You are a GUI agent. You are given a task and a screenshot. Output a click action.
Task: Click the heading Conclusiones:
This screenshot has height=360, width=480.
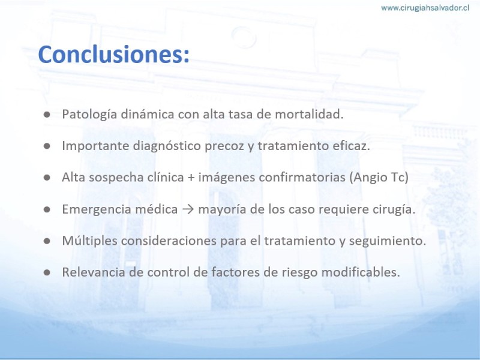click(113, 54)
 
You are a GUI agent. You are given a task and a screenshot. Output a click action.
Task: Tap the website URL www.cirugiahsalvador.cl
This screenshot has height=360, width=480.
click(425, 8)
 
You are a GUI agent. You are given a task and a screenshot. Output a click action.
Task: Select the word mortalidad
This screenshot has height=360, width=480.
click(309, 114)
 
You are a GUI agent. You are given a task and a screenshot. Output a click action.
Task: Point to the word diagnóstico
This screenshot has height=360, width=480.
click(167, 146)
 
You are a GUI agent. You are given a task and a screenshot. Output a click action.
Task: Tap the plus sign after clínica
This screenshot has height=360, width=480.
click(191, 178)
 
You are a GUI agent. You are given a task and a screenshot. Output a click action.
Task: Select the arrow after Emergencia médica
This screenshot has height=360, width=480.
click(188, 209)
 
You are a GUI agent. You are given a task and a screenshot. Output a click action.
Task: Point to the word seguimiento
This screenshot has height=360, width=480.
click(388, 241)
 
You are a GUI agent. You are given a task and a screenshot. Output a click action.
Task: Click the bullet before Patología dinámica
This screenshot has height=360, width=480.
click(47, 115)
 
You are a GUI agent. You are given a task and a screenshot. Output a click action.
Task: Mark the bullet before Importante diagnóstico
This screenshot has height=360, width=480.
click(47, 146)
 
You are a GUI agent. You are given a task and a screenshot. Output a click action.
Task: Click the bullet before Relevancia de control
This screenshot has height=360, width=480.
click(47, 273)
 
